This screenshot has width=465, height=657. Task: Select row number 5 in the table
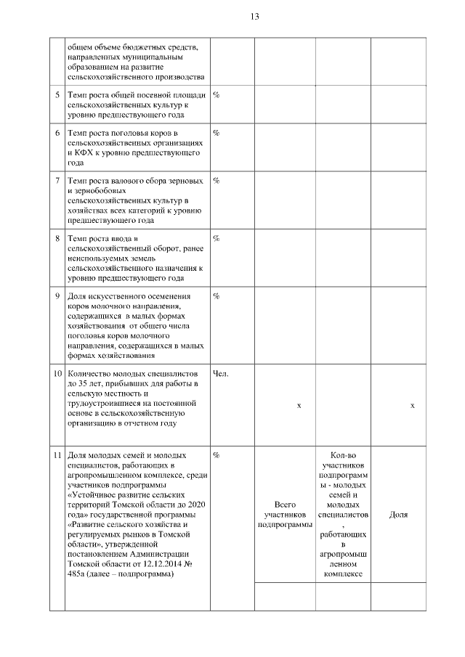click(57, 95)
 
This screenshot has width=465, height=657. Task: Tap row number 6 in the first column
click(57, 133)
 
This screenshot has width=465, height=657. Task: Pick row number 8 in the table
click(57, 238)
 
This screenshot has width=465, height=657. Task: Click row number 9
click(57, 295)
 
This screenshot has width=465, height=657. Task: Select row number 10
click(57, 374)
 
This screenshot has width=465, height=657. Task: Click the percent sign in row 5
click(216, 95)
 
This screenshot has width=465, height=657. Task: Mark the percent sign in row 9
click(216, 295)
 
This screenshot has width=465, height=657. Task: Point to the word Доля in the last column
click(397, 515)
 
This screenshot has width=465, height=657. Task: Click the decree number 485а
click(77, 575)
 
